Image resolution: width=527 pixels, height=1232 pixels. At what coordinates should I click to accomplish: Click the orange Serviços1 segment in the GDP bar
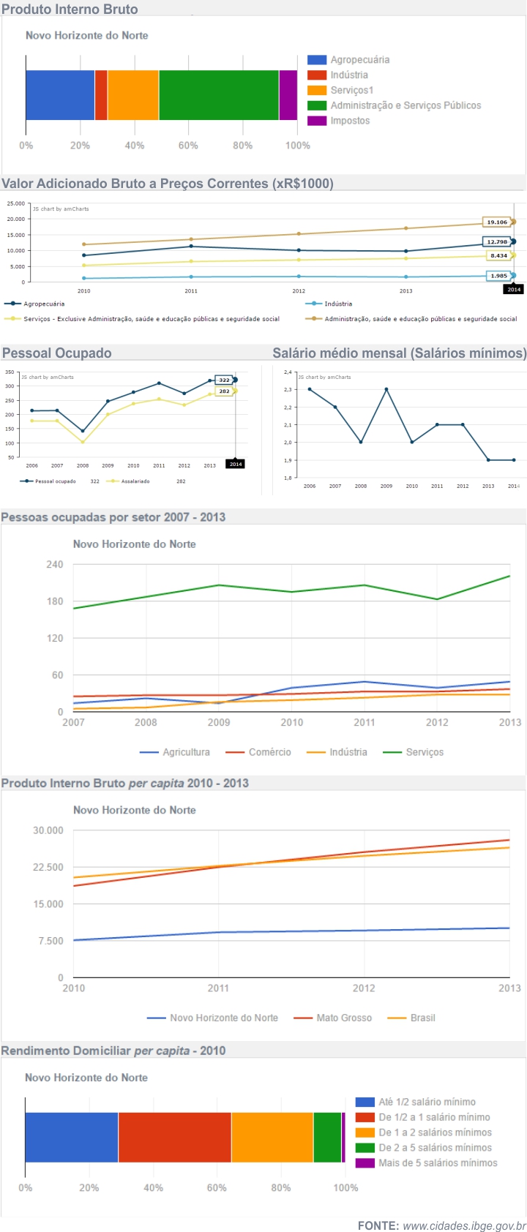pyautogui.click(x=133, y=95)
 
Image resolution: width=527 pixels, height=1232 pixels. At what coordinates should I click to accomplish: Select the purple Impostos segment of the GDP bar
pyautogui.click(x=288, y=95)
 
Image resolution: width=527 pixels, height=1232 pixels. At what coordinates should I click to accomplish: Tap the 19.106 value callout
pyautogui.click(x=497, y=222)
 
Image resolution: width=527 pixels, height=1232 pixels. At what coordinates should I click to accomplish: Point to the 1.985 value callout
pyautogui.click(x=498, y=276)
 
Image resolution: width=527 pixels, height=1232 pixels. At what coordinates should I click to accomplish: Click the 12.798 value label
pyautogui.click(x=497, y=241)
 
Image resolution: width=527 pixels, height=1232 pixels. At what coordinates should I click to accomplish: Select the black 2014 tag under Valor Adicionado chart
pyautogui.click(x=514, y=290)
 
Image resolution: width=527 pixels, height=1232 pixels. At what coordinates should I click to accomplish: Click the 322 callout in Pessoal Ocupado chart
pyautogui.click(x=224, y=380)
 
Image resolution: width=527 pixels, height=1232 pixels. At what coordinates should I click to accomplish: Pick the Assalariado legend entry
pyautogui.click(x=135, y=481)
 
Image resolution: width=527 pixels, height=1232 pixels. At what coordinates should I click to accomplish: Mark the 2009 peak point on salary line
pyautogui.click(x=386, y=389)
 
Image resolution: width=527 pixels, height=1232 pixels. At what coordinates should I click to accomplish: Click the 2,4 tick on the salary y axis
pyautogui.click(x=288, y=372)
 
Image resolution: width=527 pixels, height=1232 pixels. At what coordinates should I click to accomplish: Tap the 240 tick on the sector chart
pyautogui.click(x=55, y=565)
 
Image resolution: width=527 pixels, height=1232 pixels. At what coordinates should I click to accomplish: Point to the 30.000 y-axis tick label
pyautogui.click(x=48, y=830)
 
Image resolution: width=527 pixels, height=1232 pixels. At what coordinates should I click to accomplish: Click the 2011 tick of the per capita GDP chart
pyautogui.click(x=218, y=988)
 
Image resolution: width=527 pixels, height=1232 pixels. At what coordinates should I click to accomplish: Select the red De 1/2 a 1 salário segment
pyautogui.click(x=174, y=1137)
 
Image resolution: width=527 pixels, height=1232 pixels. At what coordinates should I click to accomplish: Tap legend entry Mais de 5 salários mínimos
pyautogui.click(x=437, y=1162)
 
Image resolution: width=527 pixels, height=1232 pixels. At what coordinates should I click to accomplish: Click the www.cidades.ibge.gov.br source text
pyautogui.click(x=464, y=1225)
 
